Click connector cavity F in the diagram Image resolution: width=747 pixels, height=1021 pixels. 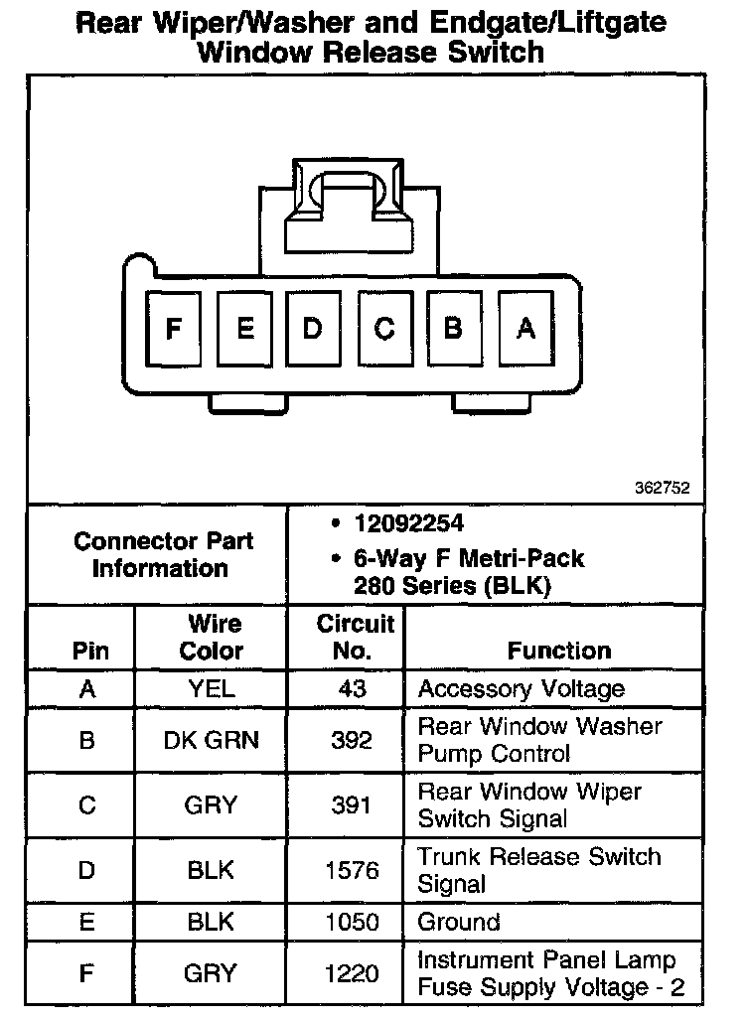point(175,328)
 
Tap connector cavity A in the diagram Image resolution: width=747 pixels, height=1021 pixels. point(525,328)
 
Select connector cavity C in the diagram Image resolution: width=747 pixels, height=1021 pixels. point(384,328)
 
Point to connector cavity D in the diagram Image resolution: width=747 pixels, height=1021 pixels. point(313,328)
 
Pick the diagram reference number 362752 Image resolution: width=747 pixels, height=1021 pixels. point(662,489)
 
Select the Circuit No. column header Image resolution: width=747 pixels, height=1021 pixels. point(356,638)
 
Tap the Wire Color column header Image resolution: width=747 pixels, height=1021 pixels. point(211,638)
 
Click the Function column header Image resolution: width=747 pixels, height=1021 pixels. point(559,651)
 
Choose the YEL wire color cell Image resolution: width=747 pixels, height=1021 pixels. point(211,689)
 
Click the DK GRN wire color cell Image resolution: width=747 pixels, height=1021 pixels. point(211,740)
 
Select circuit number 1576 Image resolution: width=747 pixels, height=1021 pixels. point(353,871)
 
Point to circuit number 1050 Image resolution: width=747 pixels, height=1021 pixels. point(353,923)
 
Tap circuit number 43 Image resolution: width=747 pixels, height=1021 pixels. point(353,689)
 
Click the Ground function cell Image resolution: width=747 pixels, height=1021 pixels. point(458,923)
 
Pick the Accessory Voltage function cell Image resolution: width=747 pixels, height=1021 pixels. point(521,689)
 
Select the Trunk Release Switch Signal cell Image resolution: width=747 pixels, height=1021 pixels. point(538,870)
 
